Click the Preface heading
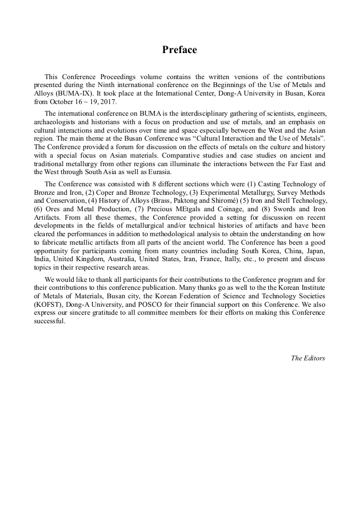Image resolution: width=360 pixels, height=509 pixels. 179,50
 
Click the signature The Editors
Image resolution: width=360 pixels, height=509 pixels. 307,358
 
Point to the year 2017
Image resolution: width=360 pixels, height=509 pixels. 107,101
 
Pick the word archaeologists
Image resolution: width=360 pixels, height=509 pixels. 58,121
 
